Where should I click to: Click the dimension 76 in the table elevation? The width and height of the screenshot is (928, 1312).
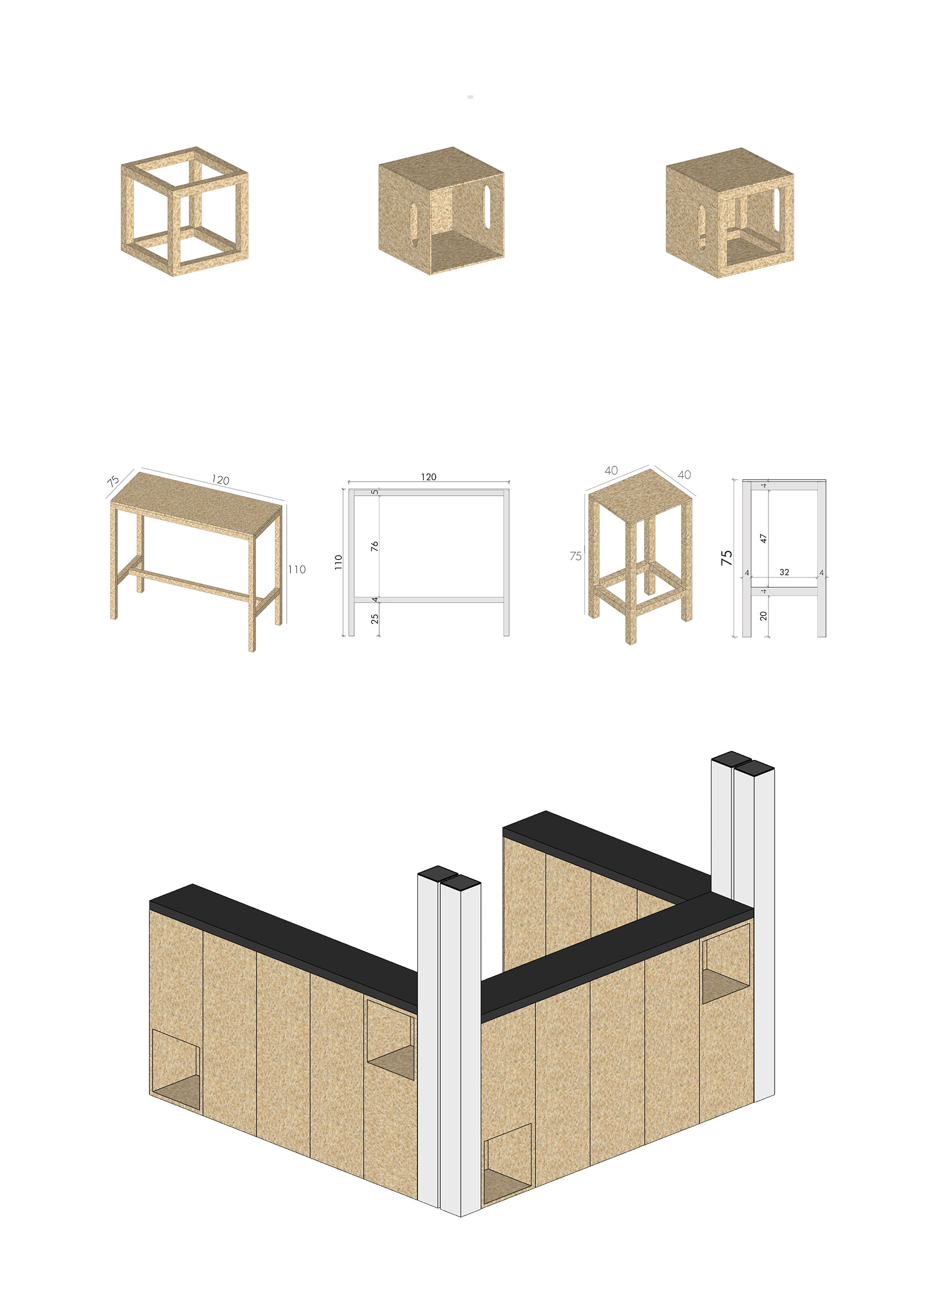[374, 547]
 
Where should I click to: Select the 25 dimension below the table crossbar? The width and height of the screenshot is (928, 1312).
[374, 618]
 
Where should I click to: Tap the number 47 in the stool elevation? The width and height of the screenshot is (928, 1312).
[763, 538]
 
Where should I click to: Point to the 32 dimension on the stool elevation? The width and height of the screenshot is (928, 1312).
[784, 572]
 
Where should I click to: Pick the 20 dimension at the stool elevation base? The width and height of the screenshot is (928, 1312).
[763, 616]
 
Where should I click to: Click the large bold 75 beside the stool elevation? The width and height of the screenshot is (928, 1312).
[726, 558]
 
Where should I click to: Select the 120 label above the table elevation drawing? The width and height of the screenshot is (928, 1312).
[429, 476]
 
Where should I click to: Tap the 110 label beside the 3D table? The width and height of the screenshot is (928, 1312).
[296, 569]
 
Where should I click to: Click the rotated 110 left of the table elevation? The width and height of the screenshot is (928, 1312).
[338, 562]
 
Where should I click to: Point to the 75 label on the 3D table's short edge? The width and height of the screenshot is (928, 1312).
[113, 481]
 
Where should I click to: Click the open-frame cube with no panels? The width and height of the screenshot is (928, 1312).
[185, 212]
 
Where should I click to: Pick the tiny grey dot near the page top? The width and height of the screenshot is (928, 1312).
[470, 97]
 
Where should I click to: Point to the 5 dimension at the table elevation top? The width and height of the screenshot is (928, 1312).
[375, 491]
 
